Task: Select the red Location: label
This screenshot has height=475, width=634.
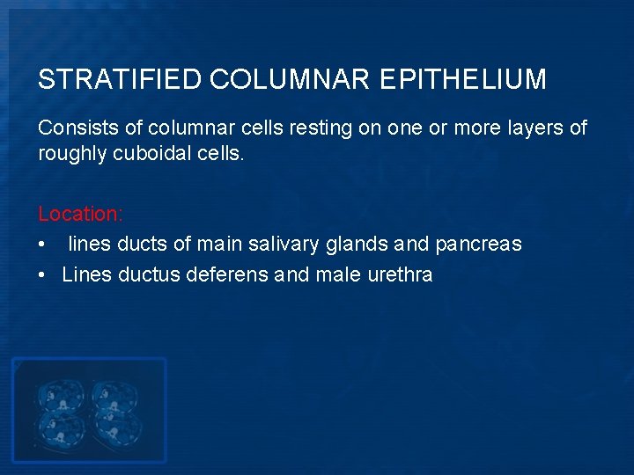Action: click(81, 214)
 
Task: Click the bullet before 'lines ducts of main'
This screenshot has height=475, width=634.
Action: click(42, 245)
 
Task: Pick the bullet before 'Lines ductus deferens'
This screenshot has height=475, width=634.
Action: click(42, 274)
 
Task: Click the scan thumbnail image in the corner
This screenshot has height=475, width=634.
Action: click(88, 409)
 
